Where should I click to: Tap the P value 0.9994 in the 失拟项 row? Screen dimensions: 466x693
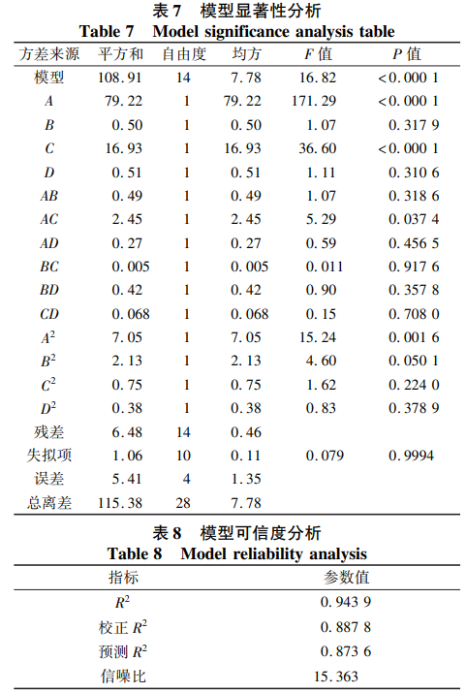pyautogui.click(x=412, y=455)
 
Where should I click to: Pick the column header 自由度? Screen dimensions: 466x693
pyautogui.click(x=184, y=54)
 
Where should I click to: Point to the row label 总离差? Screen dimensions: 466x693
pyautogui.click(x=49, y=502)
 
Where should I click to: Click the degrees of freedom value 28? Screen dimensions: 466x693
pyautogui.click(x=184, y=502)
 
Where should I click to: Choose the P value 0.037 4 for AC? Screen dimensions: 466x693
pyautogui.click(x=413, y=219)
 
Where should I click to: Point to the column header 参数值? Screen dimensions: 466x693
pyautogui.click(x=345, y=578)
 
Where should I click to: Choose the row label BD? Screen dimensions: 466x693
pyautogui.click(x=49, y=289)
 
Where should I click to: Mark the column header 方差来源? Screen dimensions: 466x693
pyautogui.click(x=50, y=54)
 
